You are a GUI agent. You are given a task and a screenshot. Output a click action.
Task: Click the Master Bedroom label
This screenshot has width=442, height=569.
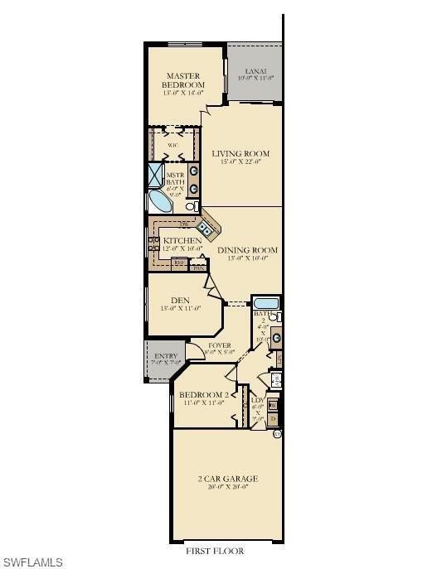[182, 80]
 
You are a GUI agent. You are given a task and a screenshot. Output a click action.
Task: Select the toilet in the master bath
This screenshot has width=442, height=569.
[192, 205]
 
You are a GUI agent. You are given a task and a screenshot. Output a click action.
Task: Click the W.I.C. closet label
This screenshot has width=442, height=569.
[173, 145]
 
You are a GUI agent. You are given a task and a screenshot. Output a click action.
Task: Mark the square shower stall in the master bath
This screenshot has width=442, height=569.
[156, 175]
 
